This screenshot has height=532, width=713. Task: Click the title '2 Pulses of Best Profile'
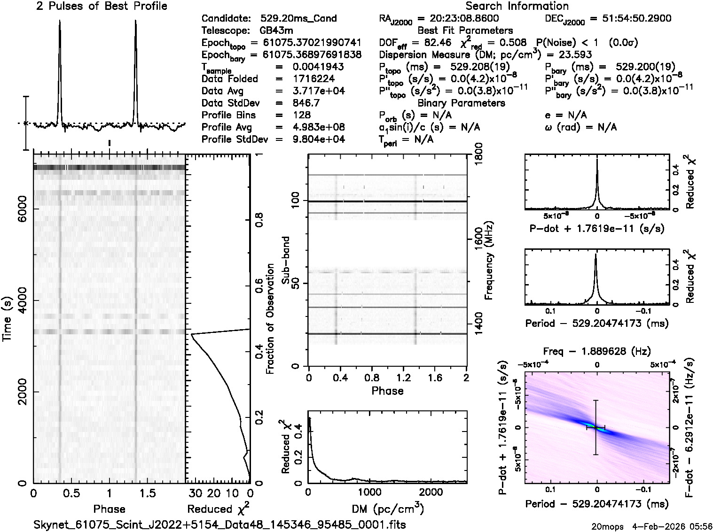pos(102,6)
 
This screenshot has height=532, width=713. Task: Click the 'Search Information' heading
pos(517,6)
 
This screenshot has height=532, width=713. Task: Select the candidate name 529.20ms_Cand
pos(298,19)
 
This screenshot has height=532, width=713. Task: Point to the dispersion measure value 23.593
pos(576,54)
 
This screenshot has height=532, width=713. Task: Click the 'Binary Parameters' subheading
pos(461,103)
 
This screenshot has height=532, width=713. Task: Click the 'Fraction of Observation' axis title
pos(270,319)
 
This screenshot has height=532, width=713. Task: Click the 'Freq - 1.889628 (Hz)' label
pos(596,351)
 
